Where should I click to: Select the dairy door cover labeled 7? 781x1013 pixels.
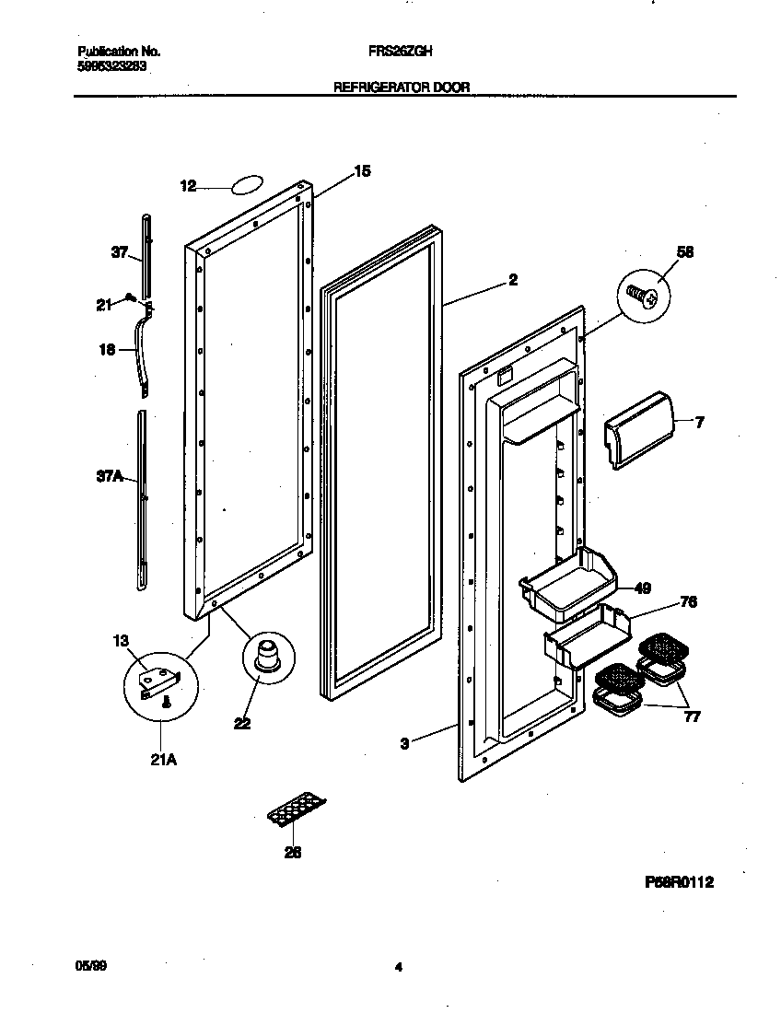point(636,429)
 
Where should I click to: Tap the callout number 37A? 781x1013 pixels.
point(111,476)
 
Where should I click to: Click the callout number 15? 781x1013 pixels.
point(363,170)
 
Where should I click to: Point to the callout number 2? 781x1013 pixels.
point(513,280)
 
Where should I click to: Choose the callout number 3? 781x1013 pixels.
point(404,743)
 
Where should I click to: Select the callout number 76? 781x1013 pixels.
point(687,602)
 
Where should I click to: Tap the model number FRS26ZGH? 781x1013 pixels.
point(394,53)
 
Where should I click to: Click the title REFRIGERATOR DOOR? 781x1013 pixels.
point(401,87)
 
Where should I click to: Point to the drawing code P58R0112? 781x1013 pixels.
point(679,882)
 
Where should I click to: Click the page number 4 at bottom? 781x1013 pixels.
point(398,968)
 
